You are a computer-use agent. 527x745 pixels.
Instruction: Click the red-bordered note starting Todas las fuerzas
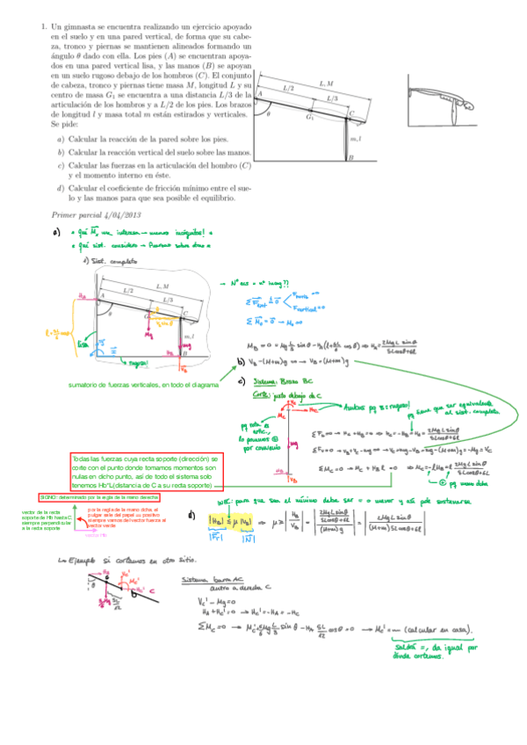coord(146,472)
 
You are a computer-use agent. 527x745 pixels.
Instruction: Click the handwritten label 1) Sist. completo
coord(107,260)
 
